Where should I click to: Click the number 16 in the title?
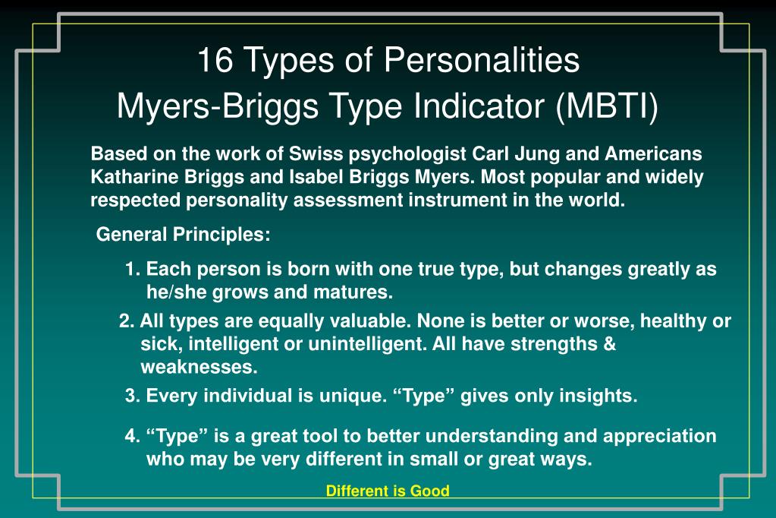coord(215,60)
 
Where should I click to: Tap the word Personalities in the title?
coord(482,60)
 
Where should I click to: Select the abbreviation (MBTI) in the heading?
coord(608,106)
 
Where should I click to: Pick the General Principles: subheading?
coord(183,235)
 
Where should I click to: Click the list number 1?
coord(133,269)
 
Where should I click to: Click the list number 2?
coord(127,321)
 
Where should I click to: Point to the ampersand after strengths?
coord(610,344)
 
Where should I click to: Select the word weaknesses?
coord(199,368)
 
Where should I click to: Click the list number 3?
coord(133,396)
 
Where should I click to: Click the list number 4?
coord(133,436)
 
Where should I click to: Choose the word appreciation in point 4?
coord(660,437)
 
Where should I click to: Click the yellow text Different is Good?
coord(388,491)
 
